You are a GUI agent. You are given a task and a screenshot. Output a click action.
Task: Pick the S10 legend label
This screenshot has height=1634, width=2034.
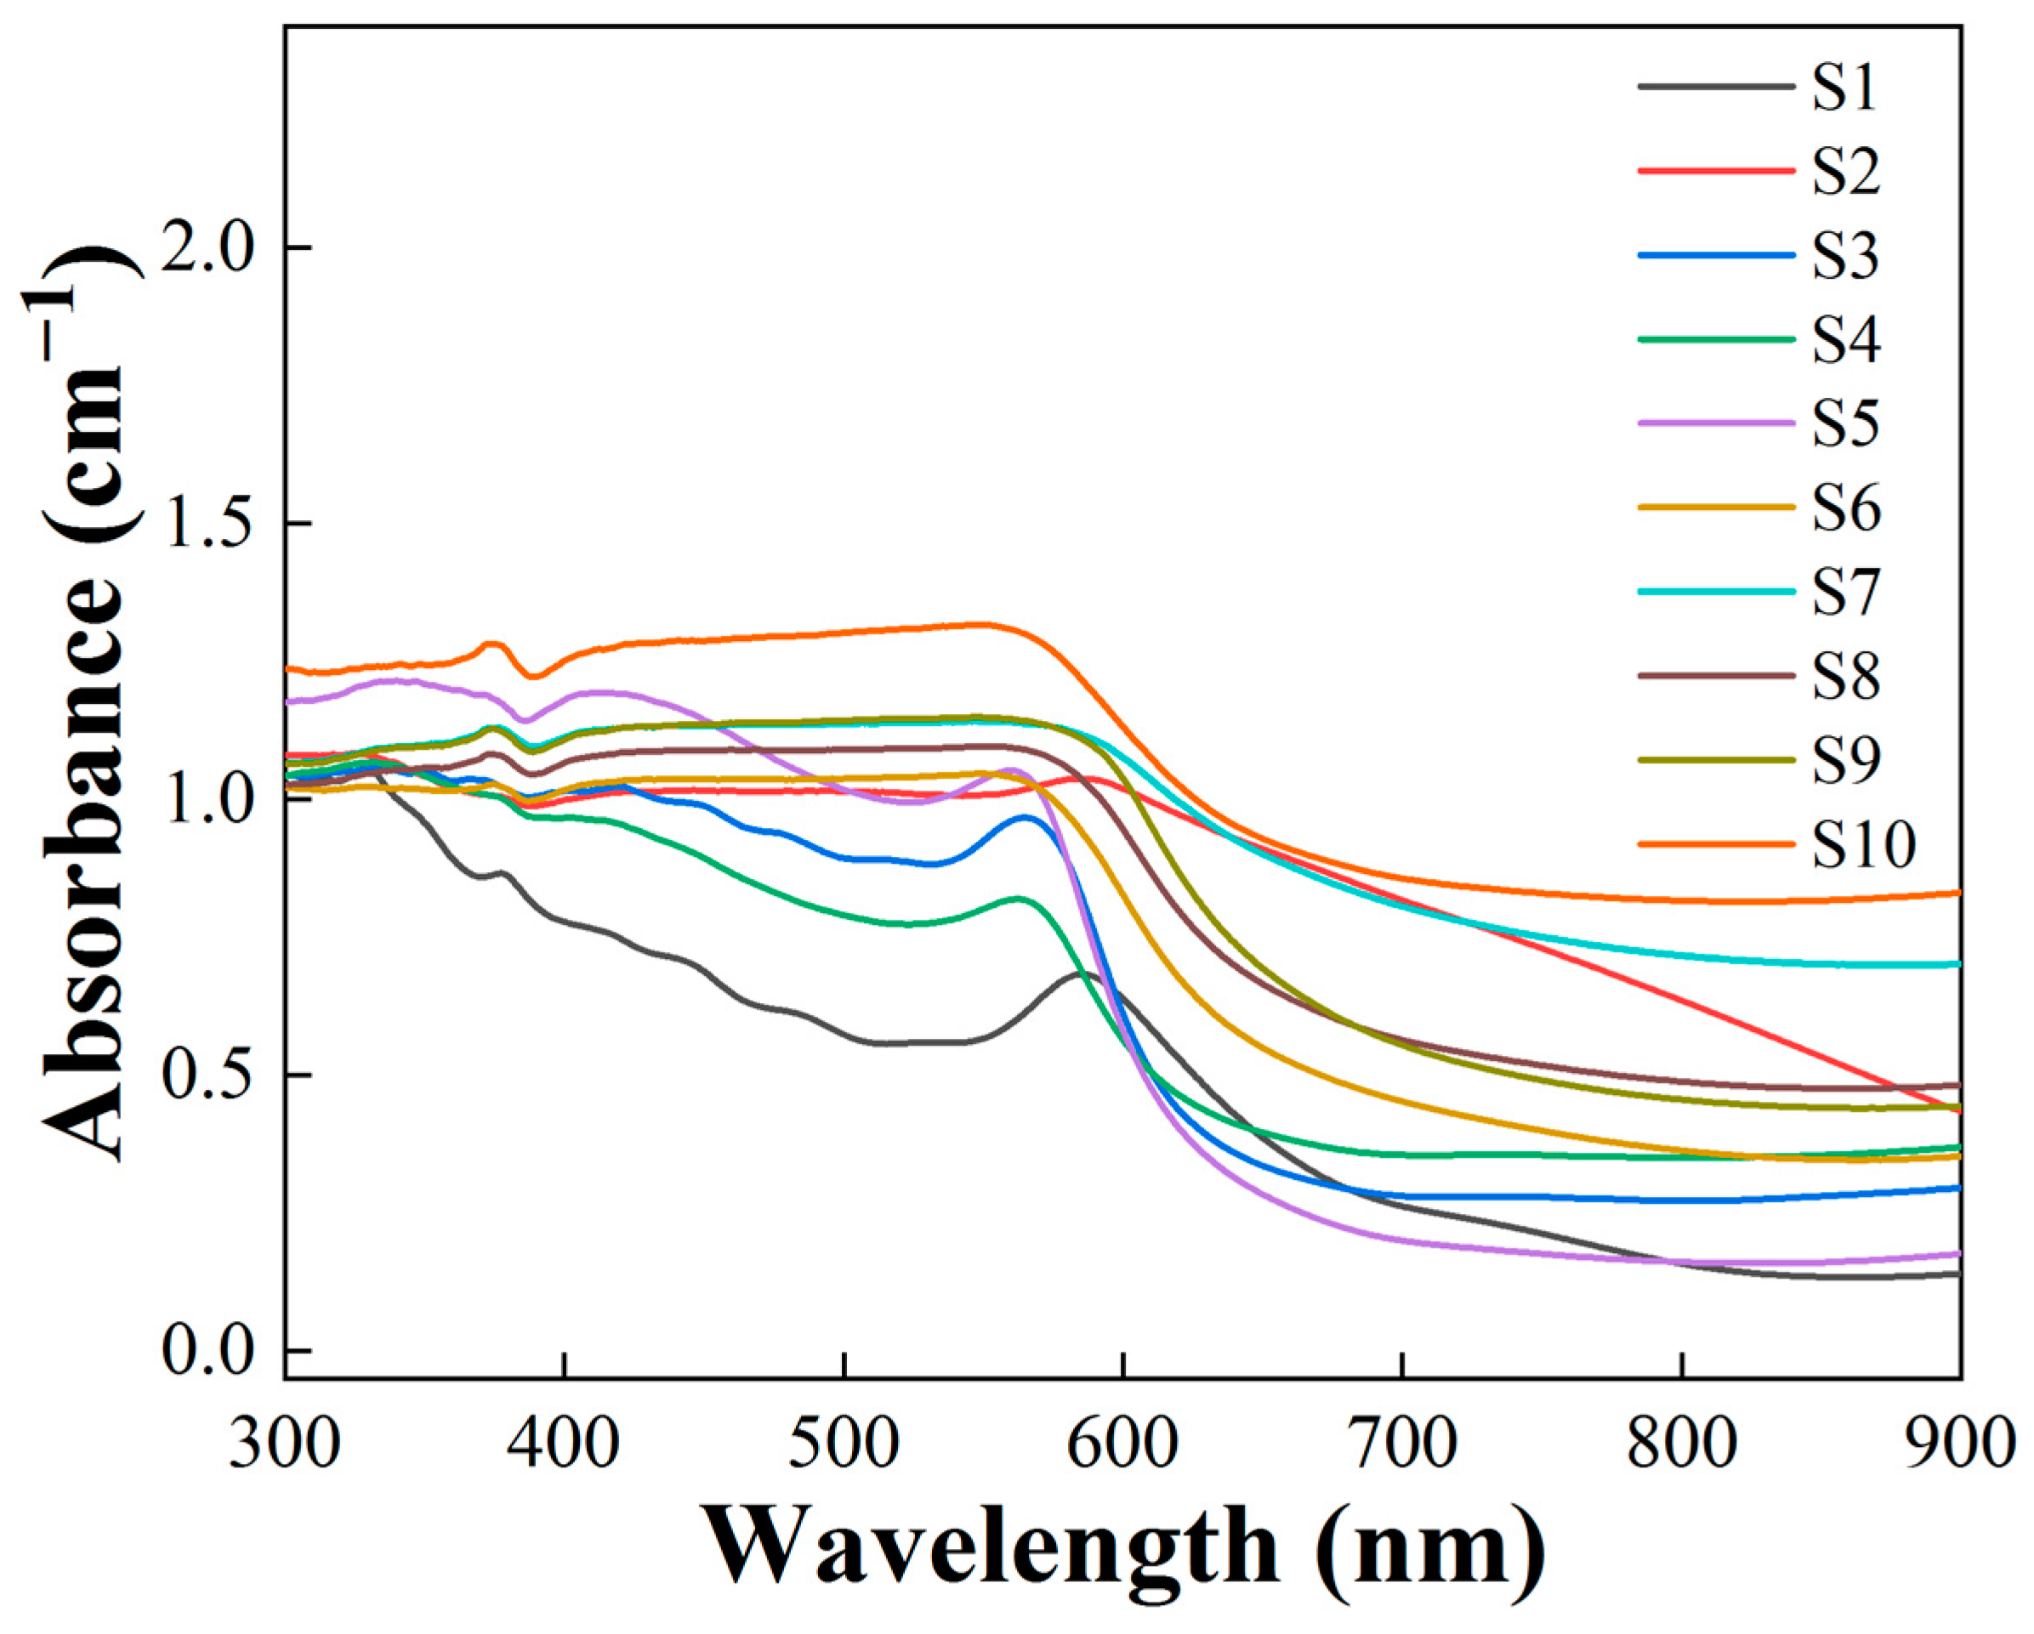(1863, 845)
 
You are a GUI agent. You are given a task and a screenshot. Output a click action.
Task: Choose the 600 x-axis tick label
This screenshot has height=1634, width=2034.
(1123, 1444)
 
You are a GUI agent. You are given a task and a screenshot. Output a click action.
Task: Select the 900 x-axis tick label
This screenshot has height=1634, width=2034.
(1960, 1444)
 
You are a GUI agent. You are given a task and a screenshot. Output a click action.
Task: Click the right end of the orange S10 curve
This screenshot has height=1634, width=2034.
(1957, 893)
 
